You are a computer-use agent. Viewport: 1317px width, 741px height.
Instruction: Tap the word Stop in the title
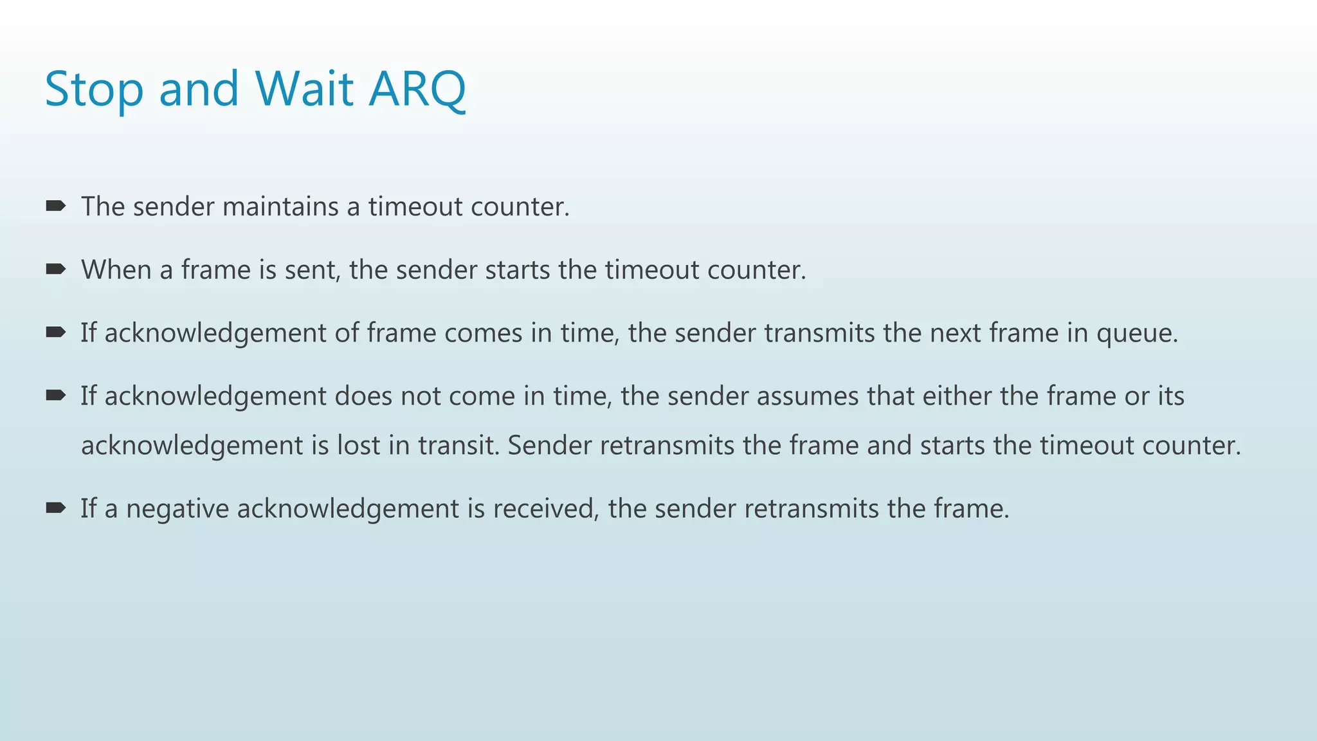pyautogui.click(x=94, y=89)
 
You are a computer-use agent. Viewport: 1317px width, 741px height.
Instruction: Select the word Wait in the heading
pyautogui.click(x=304, y=89)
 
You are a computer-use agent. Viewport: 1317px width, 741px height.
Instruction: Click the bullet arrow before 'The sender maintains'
pyautogui.click(x=56, y=206)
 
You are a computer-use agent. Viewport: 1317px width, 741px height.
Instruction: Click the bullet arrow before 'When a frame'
pyautogui.click(x=56, y=269)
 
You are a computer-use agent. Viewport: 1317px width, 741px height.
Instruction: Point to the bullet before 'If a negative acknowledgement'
pyautogui.click(x=56, y=508)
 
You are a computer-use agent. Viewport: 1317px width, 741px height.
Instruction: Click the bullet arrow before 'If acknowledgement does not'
pyautogui.click(x=56, y=395)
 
